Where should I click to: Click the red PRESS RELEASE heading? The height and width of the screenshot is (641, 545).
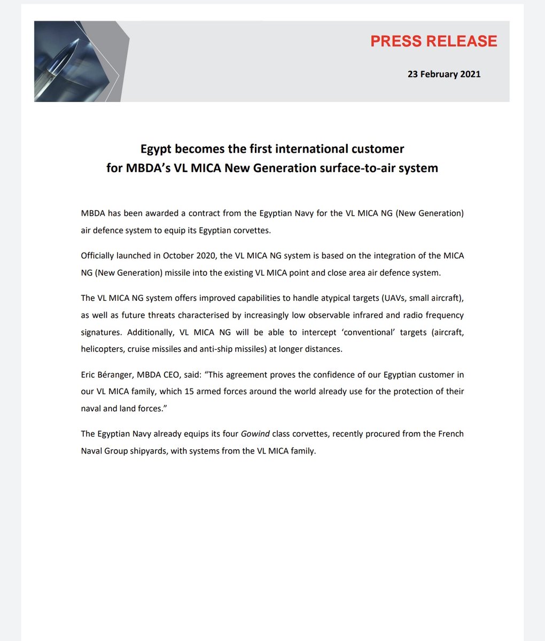pyautogui.click(x=433, y=42)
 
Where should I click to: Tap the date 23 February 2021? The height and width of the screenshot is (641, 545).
pyautogui.click(x=443, y=74)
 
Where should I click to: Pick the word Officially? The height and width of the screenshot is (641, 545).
pyautogui.click(x=100, y=255)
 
